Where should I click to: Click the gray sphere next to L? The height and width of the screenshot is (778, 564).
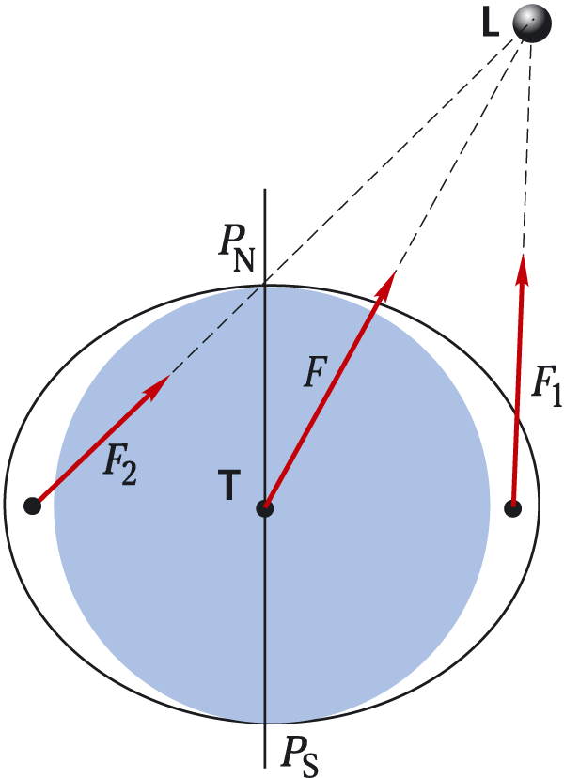coord(532,23)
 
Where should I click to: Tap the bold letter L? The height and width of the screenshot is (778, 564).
coord(491,23)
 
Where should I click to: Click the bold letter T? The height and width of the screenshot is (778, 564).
coord(228,485)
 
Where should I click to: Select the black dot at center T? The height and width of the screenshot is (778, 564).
coord(265,508)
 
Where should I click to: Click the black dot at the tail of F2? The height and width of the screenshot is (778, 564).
coord(32,506)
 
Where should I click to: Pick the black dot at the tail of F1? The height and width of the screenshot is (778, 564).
coord(513,508)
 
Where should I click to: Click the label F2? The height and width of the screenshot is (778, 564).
coord(119,466)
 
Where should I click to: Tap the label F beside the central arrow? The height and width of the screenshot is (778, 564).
coord(316,372)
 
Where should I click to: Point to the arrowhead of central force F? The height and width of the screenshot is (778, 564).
coord(386,286)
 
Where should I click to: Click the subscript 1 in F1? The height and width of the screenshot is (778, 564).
coord(556,397)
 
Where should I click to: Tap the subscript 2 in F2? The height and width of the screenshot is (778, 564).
coord(129,474)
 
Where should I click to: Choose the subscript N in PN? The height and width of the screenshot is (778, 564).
coord(243,260)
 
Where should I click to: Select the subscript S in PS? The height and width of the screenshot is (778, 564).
coord(310,766)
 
